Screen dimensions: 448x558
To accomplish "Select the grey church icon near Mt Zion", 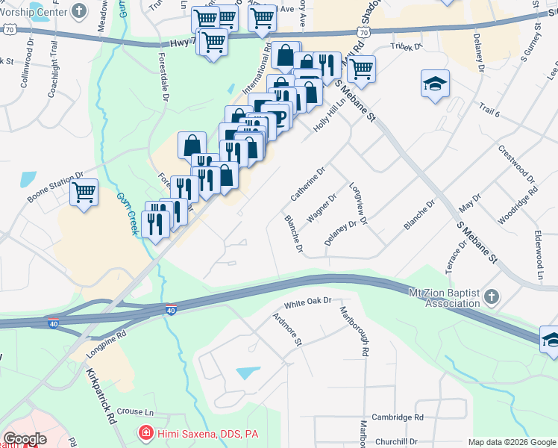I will [491, 297].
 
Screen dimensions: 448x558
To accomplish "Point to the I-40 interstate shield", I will [171, 310].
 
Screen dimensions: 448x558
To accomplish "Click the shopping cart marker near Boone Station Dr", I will [84, 193].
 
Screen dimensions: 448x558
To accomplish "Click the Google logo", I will [25, 439].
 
